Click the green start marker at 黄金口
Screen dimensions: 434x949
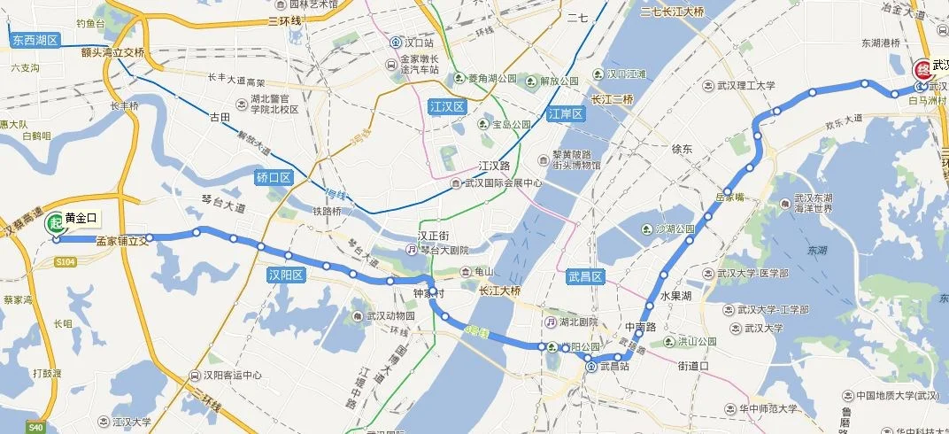(55, 223)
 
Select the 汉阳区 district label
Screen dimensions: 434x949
(286, 275)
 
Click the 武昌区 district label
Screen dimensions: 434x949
(585, 277)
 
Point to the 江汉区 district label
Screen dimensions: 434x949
(444, 105)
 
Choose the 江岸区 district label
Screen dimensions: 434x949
(566, 114)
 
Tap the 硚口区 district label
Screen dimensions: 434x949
(274, 177)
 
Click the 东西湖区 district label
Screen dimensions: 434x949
(35, 41)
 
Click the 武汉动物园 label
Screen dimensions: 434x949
(390, 315)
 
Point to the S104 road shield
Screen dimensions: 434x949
(65, 262)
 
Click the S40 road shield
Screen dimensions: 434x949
(35, 428)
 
